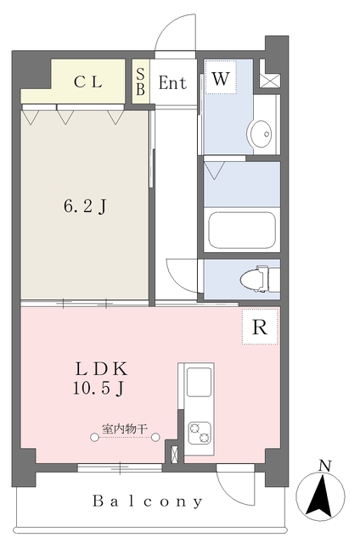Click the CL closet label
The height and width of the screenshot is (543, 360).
tap(88, 82)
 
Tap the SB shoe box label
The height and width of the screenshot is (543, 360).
tap(140, 81)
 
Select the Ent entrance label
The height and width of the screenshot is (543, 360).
tap(172, 83)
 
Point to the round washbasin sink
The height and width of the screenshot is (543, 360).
tap(260, 134)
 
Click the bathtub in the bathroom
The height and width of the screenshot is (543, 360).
tap(242, 230)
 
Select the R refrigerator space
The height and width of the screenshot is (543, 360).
tap(260, 327)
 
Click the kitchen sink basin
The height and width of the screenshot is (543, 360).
tap(200, 382)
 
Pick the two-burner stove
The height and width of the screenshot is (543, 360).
tap(200, 434)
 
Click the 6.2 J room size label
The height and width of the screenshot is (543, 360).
tap(85, 207)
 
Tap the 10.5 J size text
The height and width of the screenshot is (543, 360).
tap(98, 389)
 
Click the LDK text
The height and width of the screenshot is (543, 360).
tap(101, 369)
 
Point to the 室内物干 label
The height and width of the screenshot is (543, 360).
tap(125, 429)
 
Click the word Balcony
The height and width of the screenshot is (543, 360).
tap(147, 501)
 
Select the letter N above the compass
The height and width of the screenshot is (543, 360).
tap(324, 466)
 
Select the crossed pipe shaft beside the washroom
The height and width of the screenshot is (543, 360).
tap(270, 81)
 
